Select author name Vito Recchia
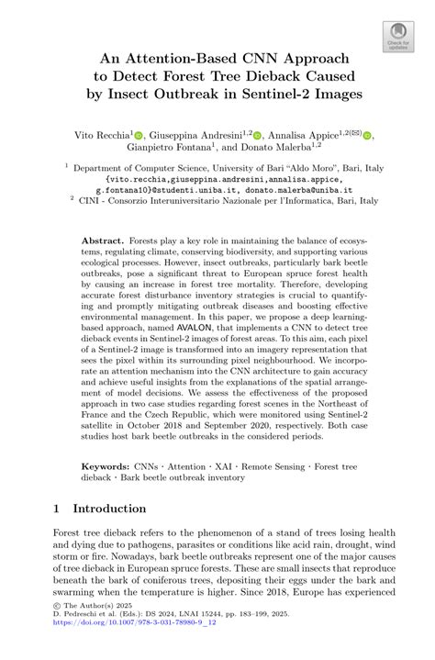(101, 135)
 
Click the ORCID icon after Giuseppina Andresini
(258, 136)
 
